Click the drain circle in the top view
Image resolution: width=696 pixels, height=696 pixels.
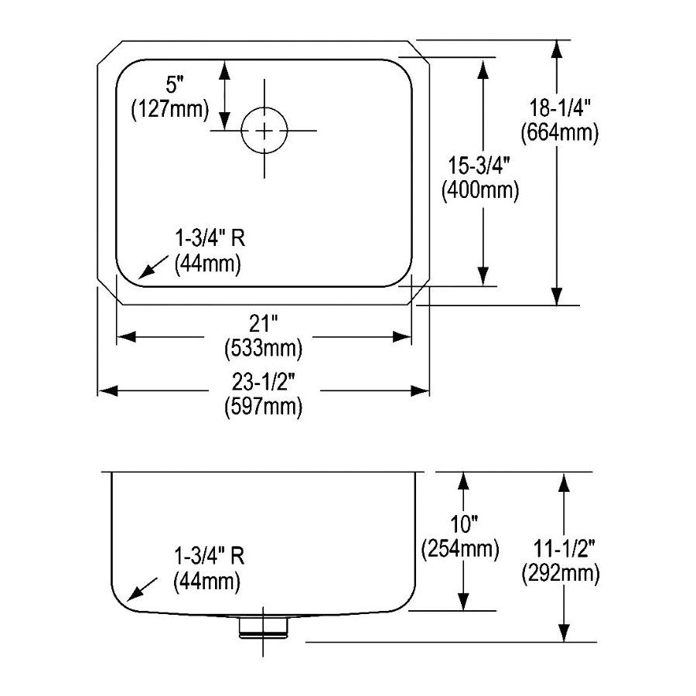pyautogui.click(x=264, y=131)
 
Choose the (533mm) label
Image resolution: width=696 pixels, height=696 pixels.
pyautogui.click(x=263, y=349)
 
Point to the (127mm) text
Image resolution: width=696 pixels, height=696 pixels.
pyautogui.click(x=169, y=110)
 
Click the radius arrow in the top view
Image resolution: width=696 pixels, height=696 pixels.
pyautogui.click(x=151, y=267)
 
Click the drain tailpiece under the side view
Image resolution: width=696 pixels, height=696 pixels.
pyautogui.click(x=264, y=624)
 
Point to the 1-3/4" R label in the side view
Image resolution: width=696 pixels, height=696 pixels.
pyautogui.click(x=210, y=555)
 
